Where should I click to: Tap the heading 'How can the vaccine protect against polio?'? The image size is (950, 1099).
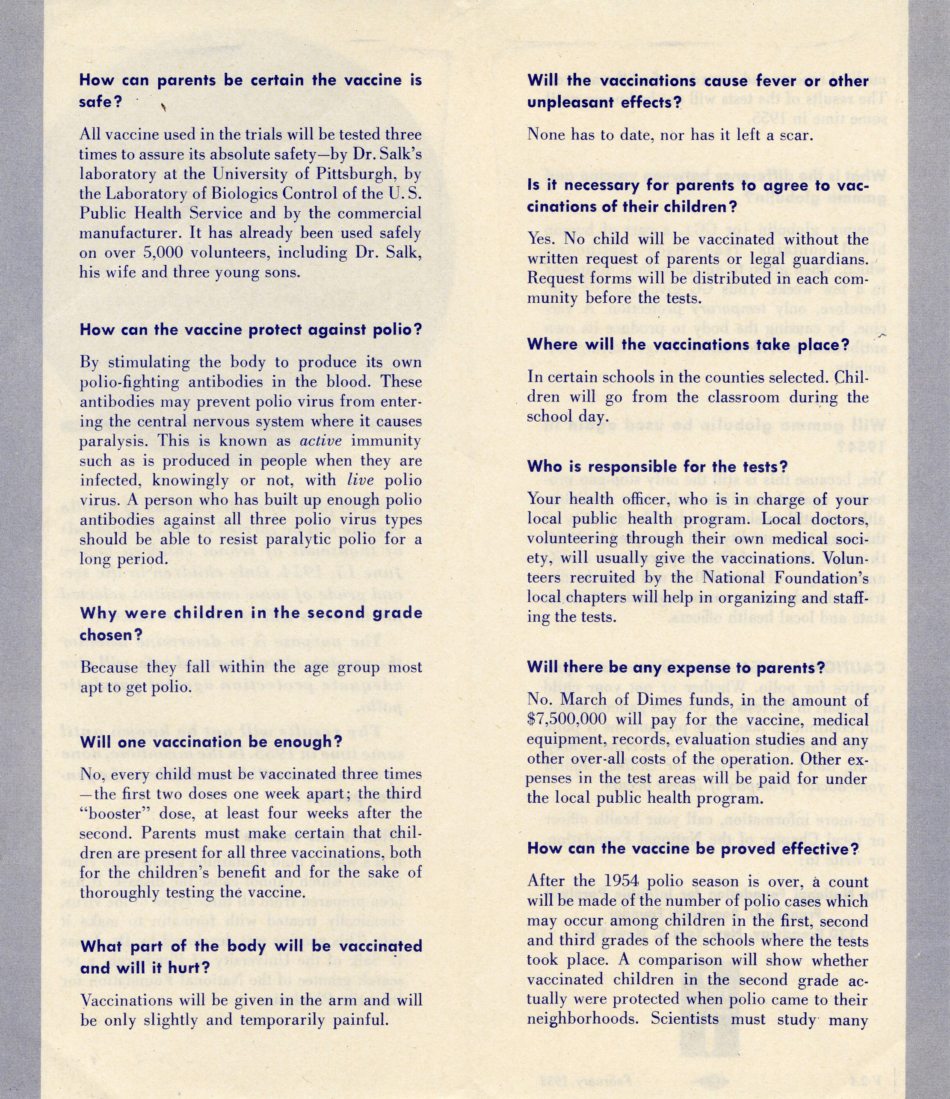click(250, 330)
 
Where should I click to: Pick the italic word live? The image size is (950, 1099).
click(361, 480)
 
